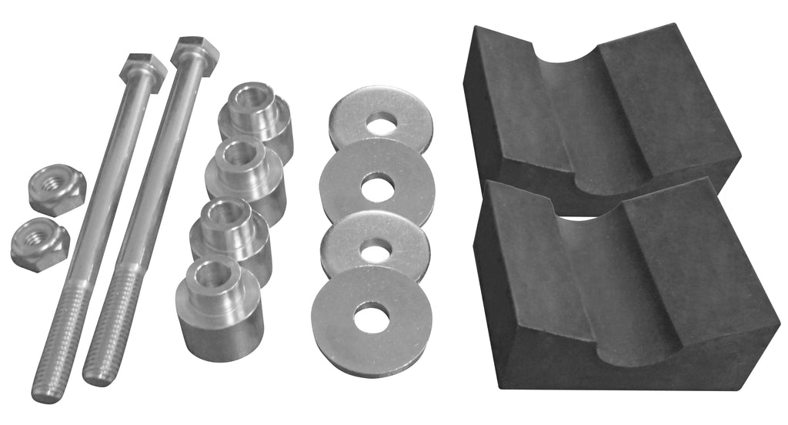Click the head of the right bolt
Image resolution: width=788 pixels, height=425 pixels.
[x=195, y=52]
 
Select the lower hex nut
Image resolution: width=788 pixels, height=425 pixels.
[x=40, y=243]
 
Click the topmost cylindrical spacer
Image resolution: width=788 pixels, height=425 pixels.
[x=257, y=119]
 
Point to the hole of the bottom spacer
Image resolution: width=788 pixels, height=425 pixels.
[x=211, y=274]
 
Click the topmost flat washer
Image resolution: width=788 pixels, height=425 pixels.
[x=380, y=119]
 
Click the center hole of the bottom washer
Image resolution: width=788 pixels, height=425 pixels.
[x=373, y=317]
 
